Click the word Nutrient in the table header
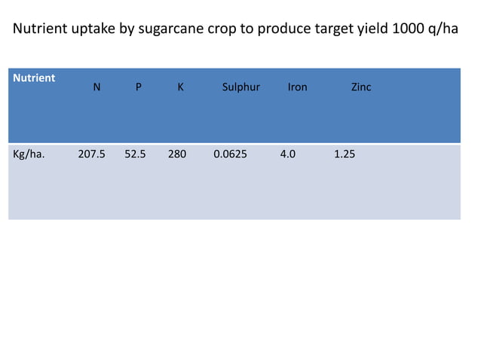click(x=33, y=78)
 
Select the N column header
click(x=97, y=87)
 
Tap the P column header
click(x=137, y=87)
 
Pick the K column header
click(x=180, y=87)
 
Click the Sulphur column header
click(x=241, y=87)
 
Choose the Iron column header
click(x=298, y=87)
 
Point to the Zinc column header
click(x=361, y=87)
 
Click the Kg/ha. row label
click(x=29, y=154)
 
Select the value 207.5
click(x=92, y=154)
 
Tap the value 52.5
click(x=136, y=154)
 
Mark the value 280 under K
click(x=177, y=154)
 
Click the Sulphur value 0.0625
click(x=230, y=154)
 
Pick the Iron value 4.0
click(x=288, y=154)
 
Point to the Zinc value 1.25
click(x=345, y=154)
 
